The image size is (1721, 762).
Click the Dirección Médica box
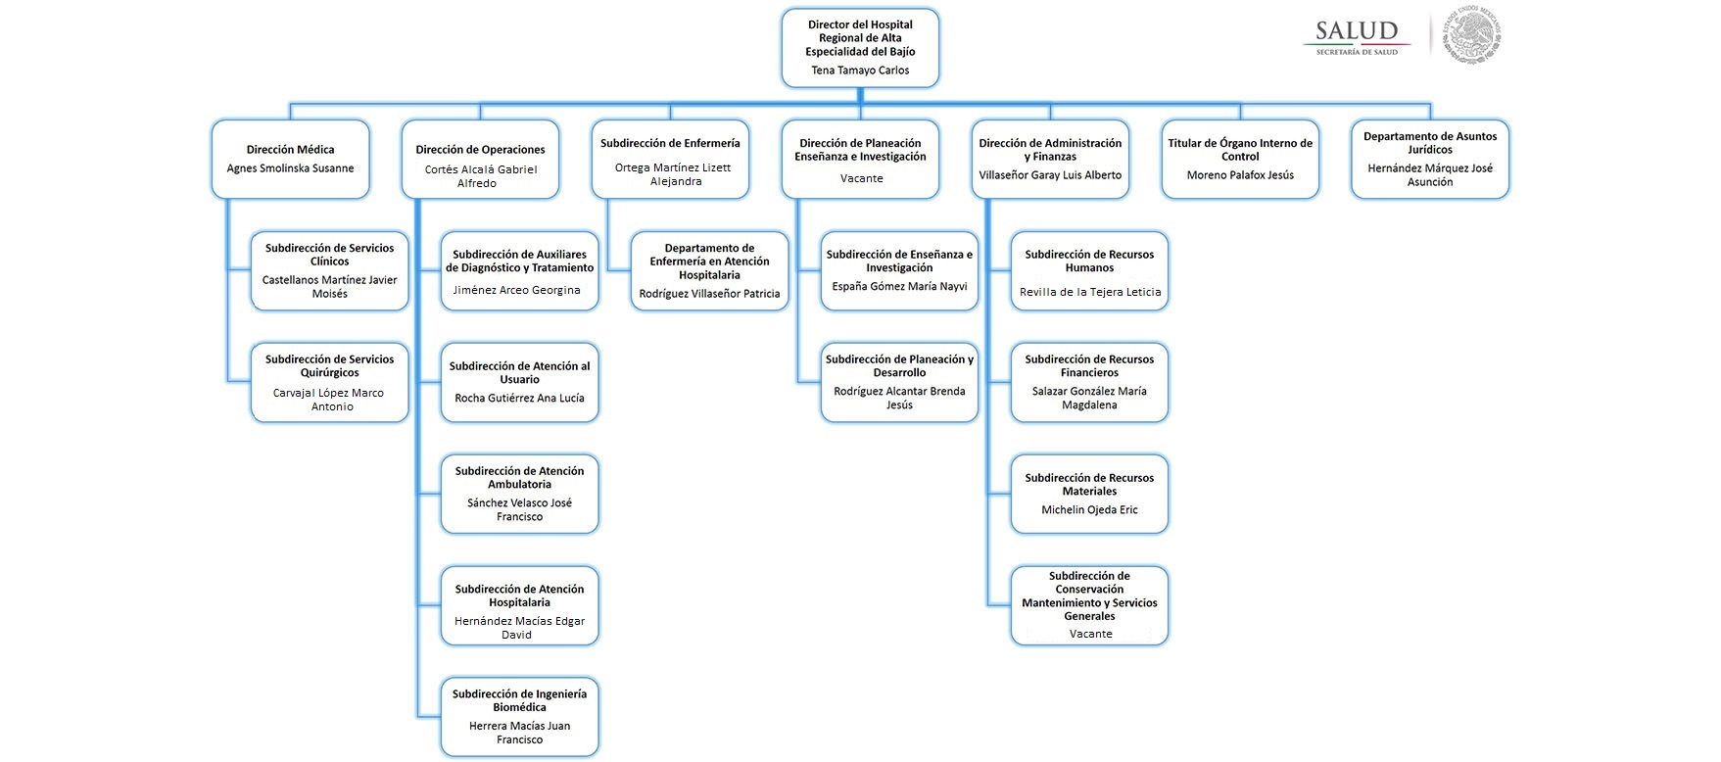pos(290,159)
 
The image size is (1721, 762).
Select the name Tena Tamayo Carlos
pos(860,71)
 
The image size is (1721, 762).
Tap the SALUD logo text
pos(1357,30)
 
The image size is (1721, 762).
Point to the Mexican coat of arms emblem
pos(1472,35)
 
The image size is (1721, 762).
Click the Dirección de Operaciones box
pos(480,159)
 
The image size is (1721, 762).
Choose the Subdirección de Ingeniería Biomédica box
pos(519,716)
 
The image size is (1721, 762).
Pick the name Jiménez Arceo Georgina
pos(516,290)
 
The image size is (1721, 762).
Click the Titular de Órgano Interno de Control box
pos(1240,159)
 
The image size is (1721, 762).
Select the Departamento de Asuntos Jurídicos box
pos(1430,159)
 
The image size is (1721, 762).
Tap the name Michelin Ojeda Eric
pos(1089,510)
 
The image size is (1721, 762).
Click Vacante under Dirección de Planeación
pos(861,178)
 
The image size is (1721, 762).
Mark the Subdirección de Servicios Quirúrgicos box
pos(329,382)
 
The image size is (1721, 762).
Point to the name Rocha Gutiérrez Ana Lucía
pos(519,399)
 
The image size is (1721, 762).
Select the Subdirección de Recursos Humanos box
pos(1089,270)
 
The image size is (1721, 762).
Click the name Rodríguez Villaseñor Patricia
pos(709,294)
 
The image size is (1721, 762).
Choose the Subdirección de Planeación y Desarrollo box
pos(899,382)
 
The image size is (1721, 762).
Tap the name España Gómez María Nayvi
pos(899,287)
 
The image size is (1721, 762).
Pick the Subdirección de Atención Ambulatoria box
pos(519,493)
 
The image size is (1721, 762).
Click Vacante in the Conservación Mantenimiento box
pos(1090,634)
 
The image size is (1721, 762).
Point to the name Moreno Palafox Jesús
pos(1240,175)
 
